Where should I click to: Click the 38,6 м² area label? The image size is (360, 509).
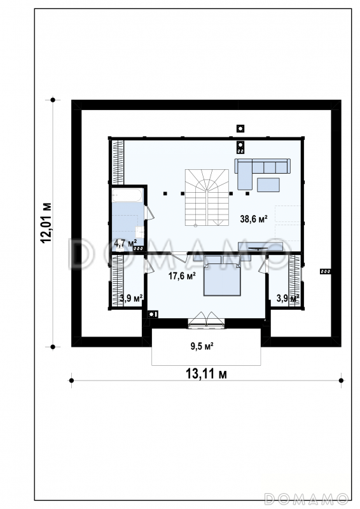coord(254,219)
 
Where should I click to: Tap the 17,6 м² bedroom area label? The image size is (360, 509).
coord(182,276)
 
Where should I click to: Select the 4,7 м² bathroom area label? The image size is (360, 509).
coord(125,243)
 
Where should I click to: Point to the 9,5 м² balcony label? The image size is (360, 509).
coord(202,346)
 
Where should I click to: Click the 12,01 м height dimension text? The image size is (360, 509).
coord(46,223)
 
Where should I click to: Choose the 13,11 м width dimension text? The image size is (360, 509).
coord(206,374)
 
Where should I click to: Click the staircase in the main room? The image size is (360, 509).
coord(207,197)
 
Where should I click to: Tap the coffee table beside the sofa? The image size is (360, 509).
coord(268,185)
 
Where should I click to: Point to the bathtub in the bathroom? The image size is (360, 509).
coord(127,195)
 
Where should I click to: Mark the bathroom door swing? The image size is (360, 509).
coord(149,213)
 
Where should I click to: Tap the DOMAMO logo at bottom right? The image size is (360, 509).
coord(307,499)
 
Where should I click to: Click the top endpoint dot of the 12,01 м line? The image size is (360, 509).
coord(53,100)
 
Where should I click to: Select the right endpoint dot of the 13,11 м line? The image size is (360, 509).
coord(341,380)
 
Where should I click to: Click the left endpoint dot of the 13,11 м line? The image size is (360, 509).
coord(71,380)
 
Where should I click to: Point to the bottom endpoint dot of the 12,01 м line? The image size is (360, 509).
coord(53,347)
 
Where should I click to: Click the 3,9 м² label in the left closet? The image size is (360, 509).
coord(132,298)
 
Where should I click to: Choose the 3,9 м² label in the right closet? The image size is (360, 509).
coord(287,298)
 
